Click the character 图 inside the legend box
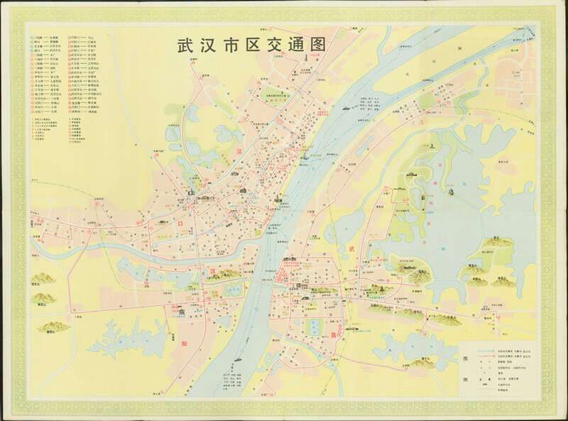466,359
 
